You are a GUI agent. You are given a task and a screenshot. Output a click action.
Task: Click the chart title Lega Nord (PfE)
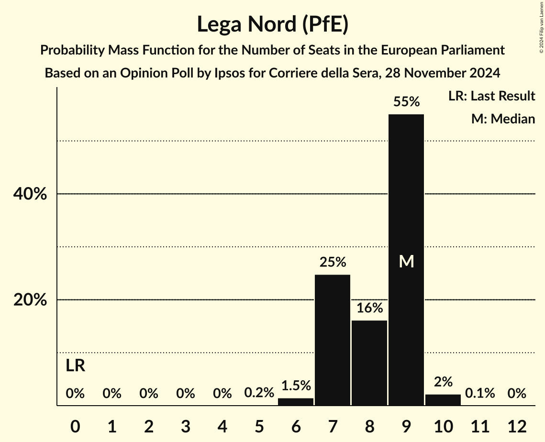(x=272, y=25)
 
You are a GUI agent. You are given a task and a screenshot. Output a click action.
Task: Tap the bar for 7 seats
(x=333, y=340)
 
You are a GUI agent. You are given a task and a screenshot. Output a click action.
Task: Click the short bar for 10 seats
(x=443, y=400)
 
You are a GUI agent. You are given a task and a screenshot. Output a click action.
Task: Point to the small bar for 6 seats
(x=296, y=402)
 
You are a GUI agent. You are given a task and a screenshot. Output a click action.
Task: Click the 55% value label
(x=406, y=101)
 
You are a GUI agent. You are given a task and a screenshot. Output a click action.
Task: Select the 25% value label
(x=333, y=262)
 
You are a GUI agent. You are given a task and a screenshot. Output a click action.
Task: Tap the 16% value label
(x=369, y=308)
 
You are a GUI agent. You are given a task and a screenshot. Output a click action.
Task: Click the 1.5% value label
(x=296, y=386)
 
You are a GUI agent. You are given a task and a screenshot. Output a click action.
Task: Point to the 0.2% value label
(x=259, y=393)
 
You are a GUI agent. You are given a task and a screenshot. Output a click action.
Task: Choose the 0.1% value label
(x=480, y=393)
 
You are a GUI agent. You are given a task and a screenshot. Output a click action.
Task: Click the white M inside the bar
(x=406, y=261)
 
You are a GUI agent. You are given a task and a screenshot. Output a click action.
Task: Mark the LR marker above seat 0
(x=75, y=366)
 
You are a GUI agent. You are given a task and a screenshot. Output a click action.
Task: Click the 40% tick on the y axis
(x=30, y=194)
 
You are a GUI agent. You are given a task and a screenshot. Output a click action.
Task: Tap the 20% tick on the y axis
(x=30, y=300)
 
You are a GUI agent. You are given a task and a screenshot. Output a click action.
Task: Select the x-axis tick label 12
(x=517, y=426)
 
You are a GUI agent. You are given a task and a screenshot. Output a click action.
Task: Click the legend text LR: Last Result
(x=491, y=96)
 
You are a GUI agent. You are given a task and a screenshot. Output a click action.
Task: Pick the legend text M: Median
(x=503, y=119)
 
